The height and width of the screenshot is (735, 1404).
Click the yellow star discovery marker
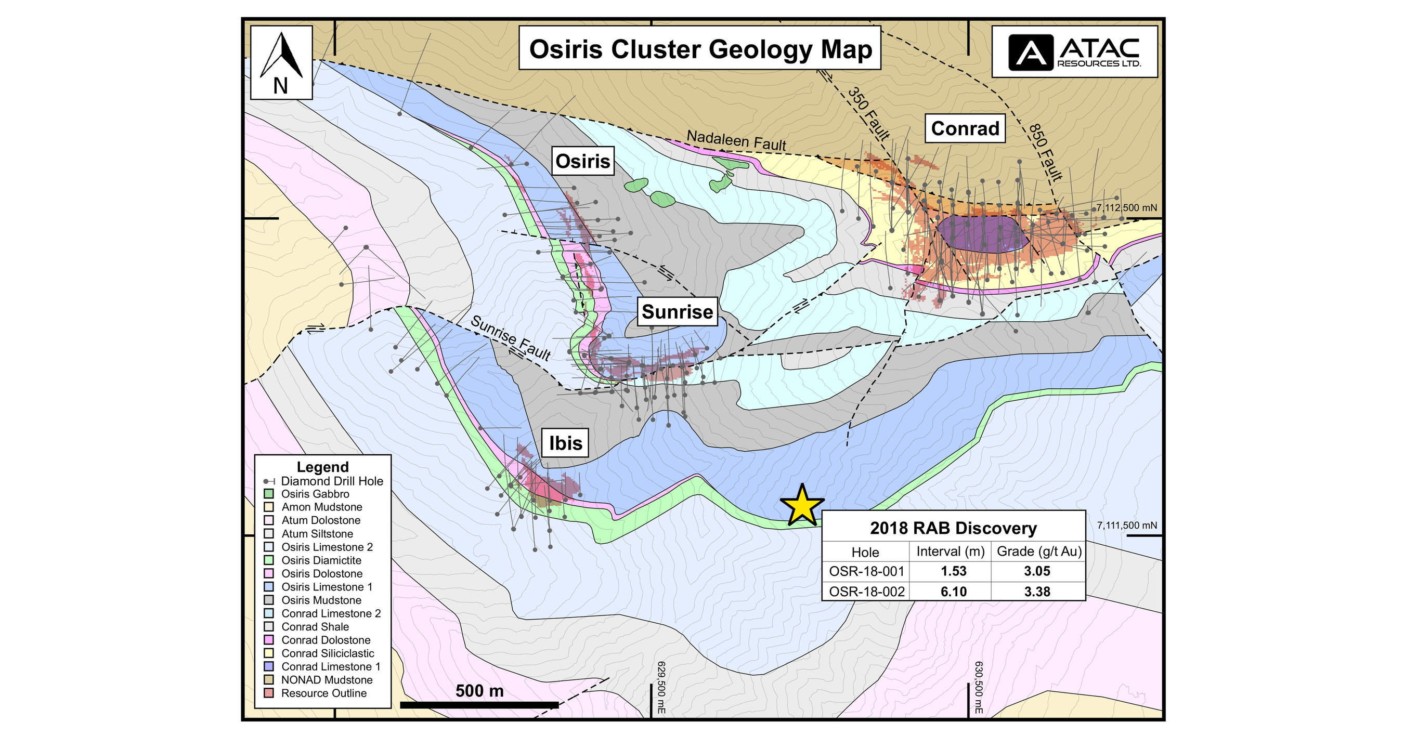[x=802, y=506]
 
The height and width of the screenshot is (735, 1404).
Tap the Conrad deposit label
[x=965, y=128]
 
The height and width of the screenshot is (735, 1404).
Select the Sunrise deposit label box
[x=677, y=312]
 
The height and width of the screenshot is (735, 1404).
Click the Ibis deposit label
[x=565, y=442]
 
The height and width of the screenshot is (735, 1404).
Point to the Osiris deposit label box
[x=582, y=161]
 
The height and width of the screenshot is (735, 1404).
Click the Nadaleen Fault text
[x=736, y=140]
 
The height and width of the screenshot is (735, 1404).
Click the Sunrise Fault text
[x=510, y=338]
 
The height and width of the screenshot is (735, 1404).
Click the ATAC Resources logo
[x=1074, y=52]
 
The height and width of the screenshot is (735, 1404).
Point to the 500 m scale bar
[x=479, y=704]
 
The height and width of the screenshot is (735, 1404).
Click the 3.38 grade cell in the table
[x=1037, y=591]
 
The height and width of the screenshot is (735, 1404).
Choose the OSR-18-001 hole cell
[x=866, y=571]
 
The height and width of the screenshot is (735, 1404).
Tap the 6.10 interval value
[x=953, y=591]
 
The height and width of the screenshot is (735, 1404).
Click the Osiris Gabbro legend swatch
[x=269, y=494]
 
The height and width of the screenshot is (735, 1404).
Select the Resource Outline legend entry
[x=324, y=693]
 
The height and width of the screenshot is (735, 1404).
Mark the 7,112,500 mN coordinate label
[x=1126, y=207]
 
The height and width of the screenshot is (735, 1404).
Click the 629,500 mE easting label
[x=661, y=687]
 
